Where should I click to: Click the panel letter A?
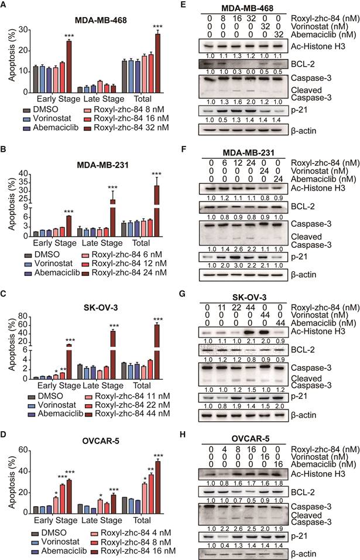[5, 5]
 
